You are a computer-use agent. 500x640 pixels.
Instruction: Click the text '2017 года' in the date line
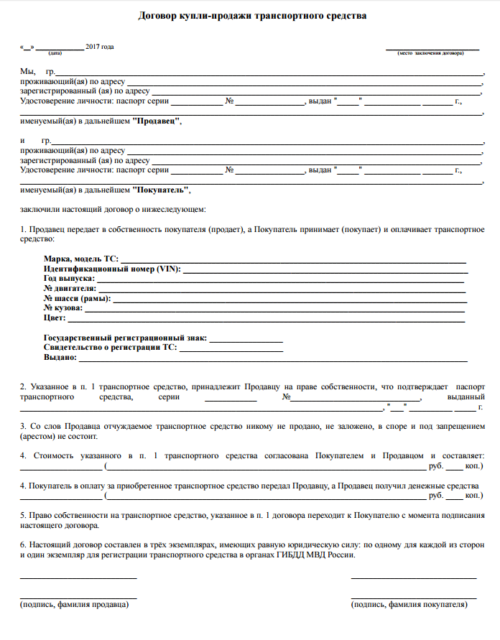[100, 47]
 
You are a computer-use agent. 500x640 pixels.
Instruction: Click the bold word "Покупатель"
[162, 190]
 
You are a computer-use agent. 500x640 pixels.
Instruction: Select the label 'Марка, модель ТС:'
[80, 258]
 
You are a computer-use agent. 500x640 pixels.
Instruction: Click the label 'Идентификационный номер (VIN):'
[112, 268]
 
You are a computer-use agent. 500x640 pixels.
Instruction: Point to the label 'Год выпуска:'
[69, 278]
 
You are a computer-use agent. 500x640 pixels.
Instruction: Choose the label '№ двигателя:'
[70, 288]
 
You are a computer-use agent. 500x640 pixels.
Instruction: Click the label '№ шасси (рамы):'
[77, 298]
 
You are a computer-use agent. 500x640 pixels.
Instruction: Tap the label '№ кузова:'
[63, 308]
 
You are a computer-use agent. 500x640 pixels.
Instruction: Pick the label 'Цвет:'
[55, 318]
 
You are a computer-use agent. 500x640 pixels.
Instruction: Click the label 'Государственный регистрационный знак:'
[125, 337]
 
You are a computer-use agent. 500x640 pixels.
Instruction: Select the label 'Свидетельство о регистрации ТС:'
[110, 347]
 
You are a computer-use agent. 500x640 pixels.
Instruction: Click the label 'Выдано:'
[60, 357]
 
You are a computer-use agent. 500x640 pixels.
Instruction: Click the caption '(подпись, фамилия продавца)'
[74, 605]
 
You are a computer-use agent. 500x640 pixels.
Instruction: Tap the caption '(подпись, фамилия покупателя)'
[409, 605]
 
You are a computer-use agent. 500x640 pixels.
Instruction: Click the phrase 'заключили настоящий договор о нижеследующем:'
[113, 210]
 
